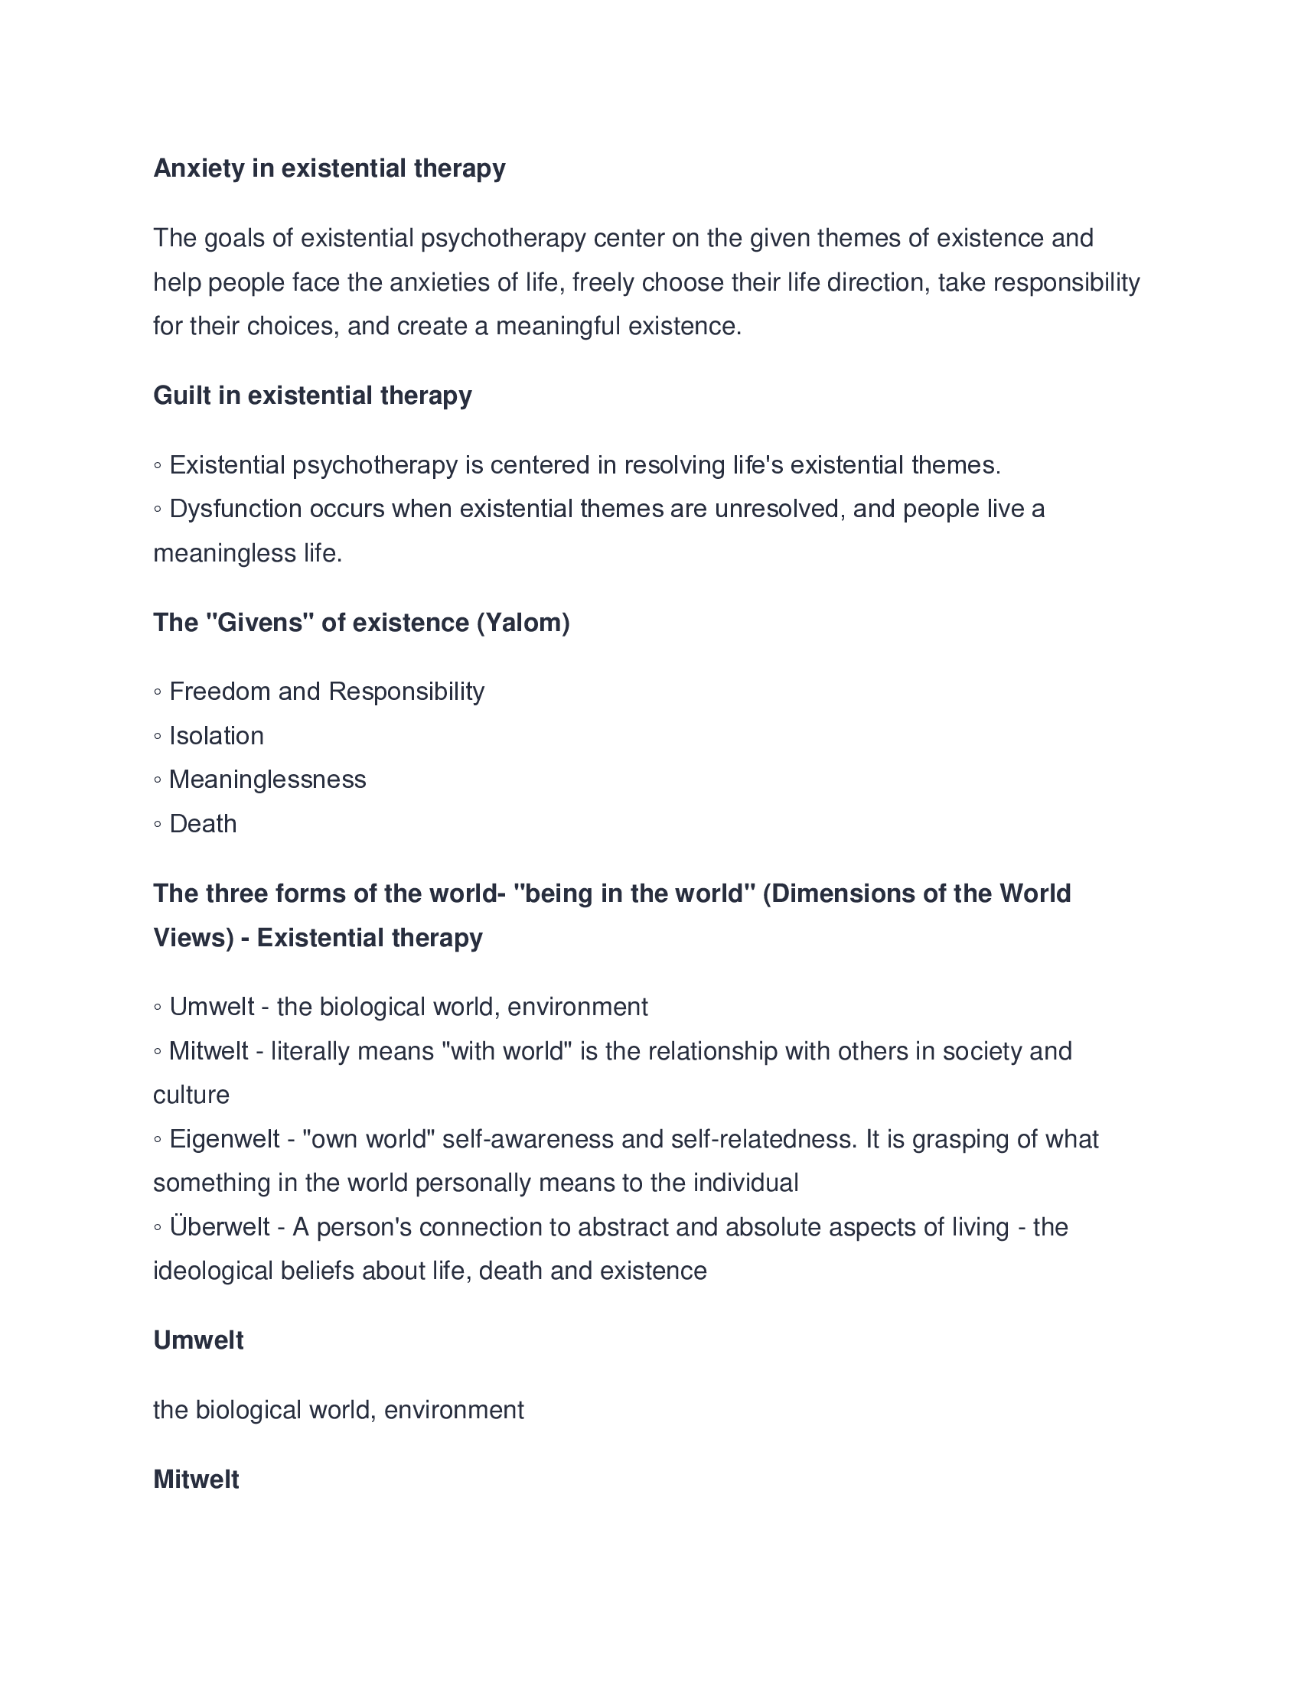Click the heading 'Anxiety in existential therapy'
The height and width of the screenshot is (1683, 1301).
tap(329, 168)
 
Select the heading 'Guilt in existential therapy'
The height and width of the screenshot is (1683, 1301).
tap(312, 396)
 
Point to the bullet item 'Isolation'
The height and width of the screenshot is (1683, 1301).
tap(216, 736)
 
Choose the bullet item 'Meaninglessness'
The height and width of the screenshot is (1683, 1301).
tap(266, 780)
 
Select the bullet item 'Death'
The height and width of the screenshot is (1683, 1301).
tap(203, 824)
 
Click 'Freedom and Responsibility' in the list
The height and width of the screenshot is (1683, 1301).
tap(326, 692)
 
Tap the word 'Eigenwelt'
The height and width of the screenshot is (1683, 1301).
tap(223, 1139)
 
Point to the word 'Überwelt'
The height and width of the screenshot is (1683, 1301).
tap(219, 1227)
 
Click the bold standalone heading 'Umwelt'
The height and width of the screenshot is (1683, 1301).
tap(198, 1340)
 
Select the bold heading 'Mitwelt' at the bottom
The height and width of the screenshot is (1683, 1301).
tap(196, 1479)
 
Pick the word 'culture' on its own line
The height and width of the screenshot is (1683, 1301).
tap(191, 1095)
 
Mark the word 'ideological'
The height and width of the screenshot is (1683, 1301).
tap(213, 1271)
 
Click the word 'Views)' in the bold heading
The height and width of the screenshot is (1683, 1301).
tap(193, 938)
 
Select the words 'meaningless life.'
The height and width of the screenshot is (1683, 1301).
tap(247, 553)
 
